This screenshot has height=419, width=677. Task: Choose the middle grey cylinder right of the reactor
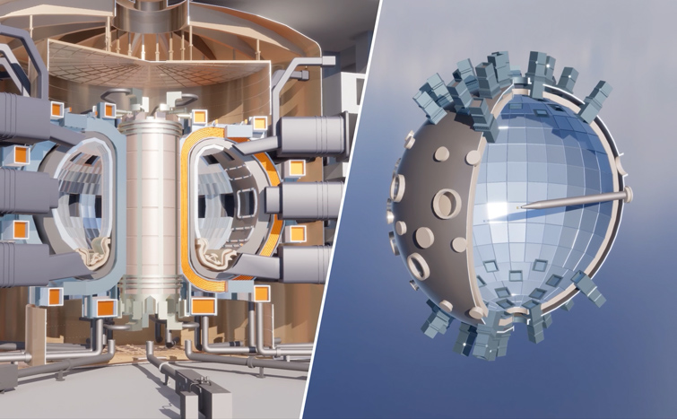[x=309, y=199]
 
